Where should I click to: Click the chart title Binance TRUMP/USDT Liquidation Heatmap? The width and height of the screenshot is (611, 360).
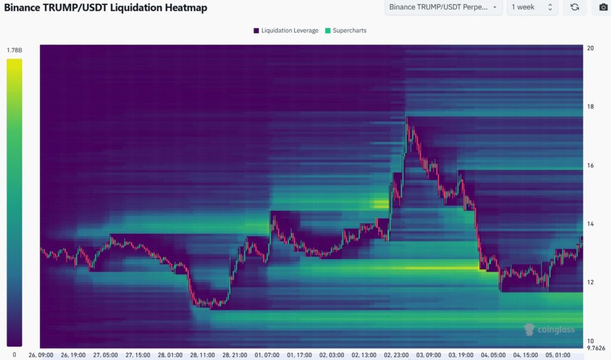pos(106,7)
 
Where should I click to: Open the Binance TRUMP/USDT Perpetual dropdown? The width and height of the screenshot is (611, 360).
pos(443,7)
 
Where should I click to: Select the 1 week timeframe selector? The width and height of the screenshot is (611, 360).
pos(532,7)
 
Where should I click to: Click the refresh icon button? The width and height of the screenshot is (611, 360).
pos(575,7)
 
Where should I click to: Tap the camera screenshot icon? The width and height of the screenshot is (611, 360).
pos(603,7)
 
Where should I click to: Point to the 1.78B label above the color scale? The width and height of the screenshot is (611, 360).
pos(14,51)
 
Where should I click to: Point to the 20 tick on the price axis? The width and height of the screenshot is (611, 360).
pos(590,48)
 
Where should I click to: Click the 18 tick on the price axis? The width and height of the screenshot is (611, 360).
pos(590,107)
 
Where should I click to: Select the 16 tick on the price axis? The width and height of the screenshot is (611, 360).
pos(590,165)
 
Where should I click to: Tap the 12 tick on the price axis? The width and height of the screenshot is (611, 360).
pos(590,282)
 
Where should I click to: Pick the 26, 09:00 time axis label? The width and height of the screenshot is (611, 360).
pos(41,355)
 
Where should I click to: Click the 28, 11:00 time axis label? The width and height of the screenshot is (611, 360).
pos(203,355)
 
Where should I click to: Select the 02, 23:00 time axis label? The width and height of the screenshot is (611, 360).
pos(396,355)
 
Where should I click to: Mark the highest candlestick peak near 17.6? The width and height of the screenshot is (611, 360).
pos(407,118)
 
